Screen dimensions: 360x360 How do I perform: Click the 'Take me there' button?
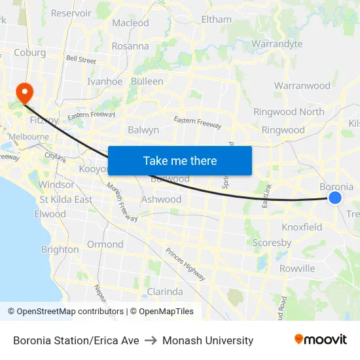point(180,161)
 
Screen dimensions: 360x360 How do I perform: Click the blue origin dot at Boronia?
point(334,197)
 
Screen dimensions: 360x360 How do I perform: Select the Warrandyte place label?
point(277,44)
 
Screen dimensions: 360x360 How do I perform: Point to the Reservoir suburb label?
point(71,13)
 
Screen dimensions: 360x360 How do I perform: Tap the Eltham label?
point(216,20)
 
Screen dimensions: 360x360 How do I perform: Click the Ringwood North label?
point(289,111)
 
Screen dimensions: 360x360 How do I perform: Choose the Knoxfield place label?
point(302,227)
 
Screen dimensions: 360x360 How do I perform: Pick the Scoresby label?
point(272,243)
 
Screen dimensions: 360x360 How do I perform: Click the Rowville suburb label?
point(297,268)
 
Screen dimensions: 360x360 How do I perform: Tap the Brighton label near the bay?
point(60,249)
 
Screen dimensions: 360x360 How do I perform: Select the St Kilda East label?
point(65,199)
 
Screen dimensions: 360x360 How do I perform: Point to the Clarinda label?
point(164,291)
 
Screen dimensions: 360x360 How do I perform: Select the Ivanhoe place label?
point(105,82)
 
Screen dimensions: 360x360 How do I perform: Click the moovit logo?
point(320,340)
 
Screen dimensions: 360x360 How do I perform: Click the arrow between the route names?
point(151,340)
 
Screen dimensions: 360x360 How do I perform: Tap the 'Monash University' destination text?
point(207,340)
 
